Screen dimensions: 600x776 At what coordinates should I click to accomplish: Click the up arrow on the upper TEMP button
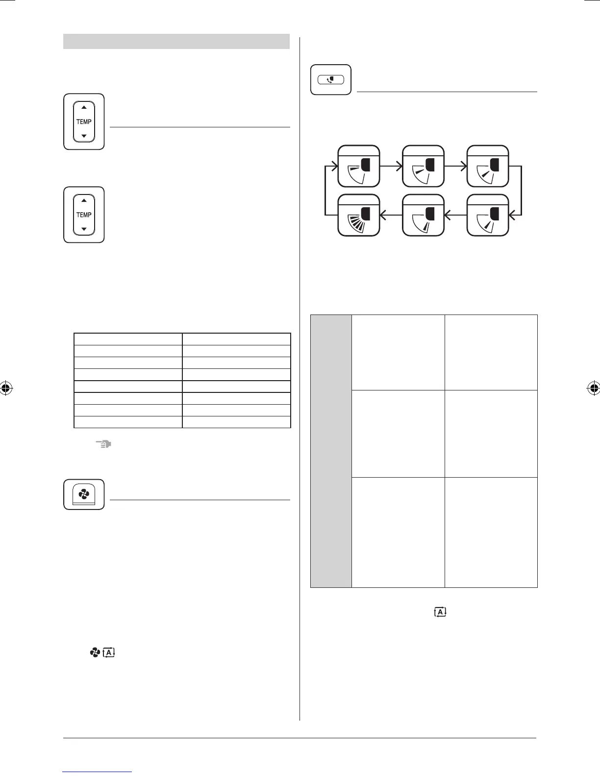84,107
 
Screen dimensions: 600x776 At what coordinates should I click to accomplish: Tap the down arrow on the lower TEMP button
84,229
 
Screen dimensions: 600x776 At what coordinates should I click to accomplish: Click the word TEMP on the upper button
84,121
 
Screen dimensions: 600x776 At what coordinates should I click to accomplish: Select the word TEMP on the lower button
84,215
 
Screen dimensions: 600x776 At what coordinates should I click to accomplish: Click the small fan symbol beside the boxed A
95,653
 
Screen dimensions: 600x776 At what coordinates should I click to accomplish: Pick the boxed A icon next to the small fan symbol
109,653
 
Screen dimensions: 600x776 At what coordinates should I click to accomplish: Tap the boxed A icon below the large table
440,612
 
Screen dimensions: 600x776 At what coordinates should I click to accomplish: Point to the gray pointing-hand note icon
104,444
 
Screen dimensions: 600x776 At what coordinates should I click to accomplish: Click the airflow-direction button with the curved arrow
331,79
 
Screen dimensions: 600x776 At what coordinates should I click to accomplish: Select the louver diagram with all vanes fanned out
359,215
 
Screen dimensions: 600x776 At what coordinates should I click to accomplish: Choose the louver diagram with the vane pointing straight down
423,215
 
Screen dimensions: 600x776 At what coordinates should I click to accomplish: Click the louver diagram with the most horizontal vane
359,166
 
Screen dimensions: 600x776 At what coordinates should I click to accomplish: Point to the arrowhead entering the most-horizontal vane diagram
335,166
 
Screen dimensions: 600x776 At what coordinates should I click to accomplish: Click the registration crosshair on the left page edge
6,388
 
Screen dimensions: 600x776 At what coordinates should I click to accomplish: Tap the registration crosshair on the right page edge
594,388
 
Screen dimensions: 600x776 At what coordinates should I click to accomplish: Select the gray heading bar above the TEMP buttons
176,42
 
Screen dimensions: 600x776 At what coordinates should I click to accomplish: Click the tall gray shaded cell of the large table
331,451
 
